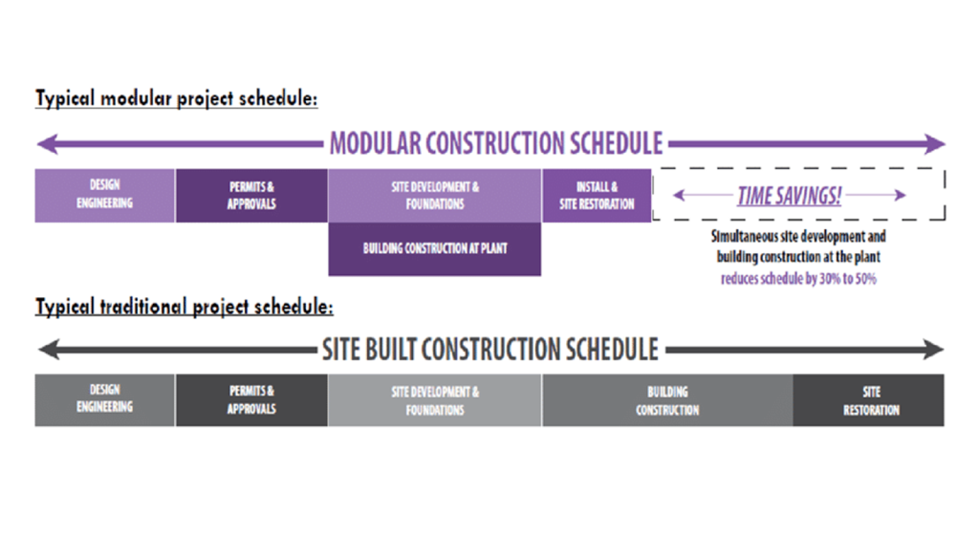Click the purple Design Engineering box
coord(104,196)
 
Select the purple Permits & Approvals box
coord(251,196)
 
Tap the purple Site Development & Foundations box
coord(434,196)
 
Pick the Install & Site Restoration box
coord(597,196)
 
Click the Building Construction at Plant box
coord(434,249)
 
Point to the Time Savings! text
coord(790,196)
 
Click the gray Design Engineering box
coord(104,399)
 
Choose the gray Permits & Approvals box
coord(251,399)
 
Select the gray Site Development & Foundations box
coord(434,399)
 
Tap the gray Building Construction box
coord(666,399)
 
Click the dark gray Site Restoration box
coord(869,399)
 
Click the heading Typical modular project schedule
coord(176,98)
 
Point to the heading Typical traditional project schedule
coord(184,308)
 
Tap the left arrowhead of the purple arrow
coord(44,145)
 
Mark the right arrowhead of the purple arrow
coord(937,145)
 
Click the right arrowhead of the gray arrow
coord(937,351)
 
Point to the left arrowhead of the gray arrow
coord(44,351)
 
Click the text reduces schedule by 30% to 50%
coord(797,280)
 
